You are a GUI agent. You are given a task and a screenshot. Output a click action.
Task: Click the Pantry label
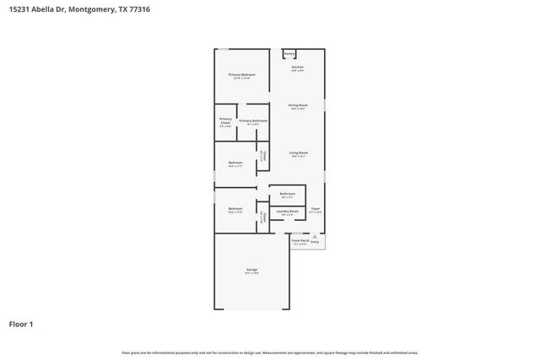pos(289,54)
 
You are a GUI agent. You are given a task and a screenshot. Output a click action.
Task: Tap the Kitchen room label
pos(297,67)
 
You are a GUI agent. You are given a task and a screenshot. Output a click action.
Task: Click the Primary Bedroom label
pos(241,75)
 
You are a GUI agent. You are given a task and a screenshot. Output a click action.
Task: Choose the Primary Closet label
pos(225,121)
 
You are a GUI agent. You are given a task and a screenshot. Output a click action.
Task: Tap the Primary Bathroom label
pos(253,121)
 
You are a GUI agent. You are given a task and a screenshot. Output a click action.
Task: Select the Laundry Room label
pos(287,211)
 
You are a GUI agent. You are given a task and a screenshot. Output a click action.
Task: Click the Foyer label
pos(315,208)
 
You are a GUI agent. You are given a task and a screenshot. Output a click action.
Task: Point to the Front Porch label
pos(300,240)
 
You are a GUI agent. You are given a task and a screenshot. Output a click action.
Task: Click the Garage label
pos(251,269)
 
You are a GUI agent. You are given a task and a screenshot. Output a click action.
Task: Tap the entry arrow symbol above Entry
pos(315,236)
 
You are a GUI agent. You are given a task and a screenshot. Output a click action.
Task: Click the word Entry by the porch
pos(315,241)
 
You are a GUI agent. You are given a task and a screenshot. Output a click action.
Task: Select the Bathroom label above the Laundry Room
pos(287,193)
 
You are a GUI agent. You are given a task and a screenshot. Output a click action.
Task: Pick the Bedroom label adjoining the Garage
pos(235,208)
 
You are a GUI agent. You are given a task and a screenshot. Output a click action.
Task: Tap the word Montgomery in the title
pos(93,9)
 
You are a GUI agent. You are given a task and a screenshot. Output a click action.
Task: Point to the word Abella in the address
pos(46,9)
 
